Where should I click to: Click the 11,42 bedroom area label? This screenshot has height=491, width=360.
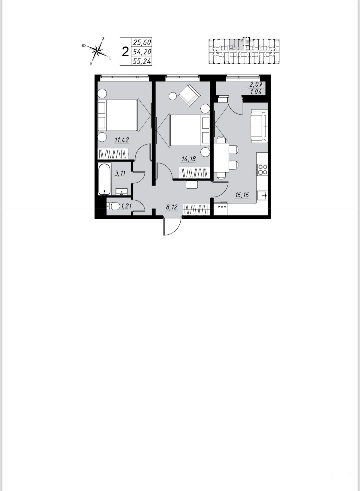click(121, 140)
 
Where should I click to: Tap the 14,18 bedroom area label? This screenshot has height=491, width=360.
click(188, 159)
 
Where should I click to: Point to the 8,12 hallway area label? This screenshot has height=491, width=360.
click(171, 207)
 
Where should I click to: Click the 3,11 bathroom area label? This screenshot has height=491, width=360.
click(120, 173)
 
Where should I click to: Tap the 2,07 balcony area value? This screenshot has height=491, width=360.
click(256, 84)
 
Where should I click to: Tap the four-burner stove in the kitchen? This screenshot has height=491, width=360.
click(263, 169)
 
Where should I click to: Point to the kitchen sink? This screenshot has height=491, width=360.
click(262, 195)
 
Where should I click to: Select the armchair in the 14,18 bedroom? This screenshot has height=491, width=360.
click(190, 96)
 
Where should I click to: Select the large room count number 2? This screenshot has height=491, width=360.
click(125, 52)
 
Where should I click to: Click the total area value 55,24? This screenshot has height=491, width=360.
click(142, 62)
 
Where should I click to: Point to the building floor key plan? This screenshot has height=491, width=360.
click(244, 51)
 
